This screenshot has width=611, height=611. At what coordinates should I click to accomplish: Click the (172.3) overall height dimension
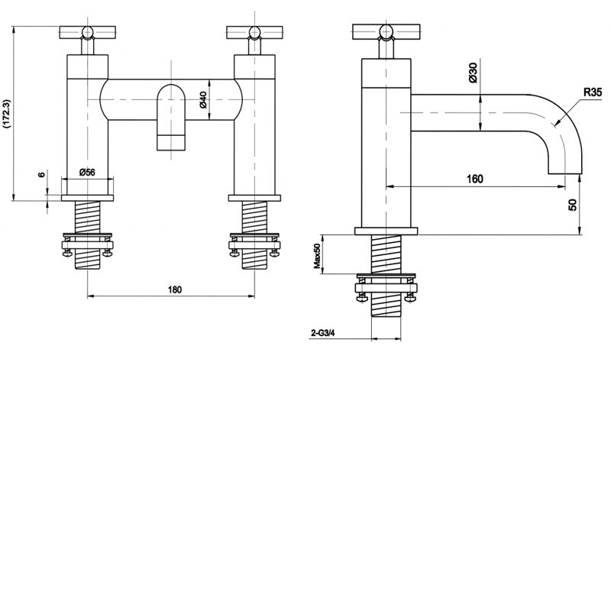coord(7,115)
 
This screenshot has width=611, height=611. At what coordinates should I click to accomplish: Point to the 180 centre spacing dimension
coord(174,289)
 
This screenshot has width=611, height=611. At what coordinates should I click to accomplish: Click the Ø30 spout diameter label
coord(473,73)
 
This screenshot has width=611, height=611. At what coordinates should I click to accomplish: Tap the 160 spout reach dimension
coord(474,179)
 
